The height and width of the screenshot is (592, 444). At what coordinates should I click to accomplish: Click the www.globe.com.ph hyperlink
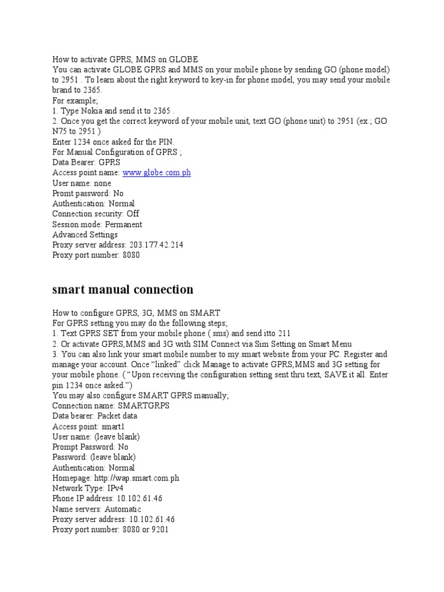click(x=156, y=173)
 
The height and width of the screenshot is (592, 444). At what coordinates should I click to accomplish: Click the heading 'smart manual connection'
click(x=123, y=289)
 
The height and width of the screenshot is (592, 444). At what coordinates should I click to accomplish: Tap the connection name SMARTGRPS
click(x=143, y=406)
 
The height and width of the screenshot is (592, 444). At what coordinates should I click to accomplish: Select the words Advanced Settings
click(x=85, y=235)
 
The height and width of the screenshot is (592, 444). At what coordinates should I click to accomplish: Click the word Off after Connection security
click(x=133, y=214)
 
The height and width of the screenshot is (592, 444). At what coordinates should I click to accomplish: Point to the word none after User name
click(x=102, y=183)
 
